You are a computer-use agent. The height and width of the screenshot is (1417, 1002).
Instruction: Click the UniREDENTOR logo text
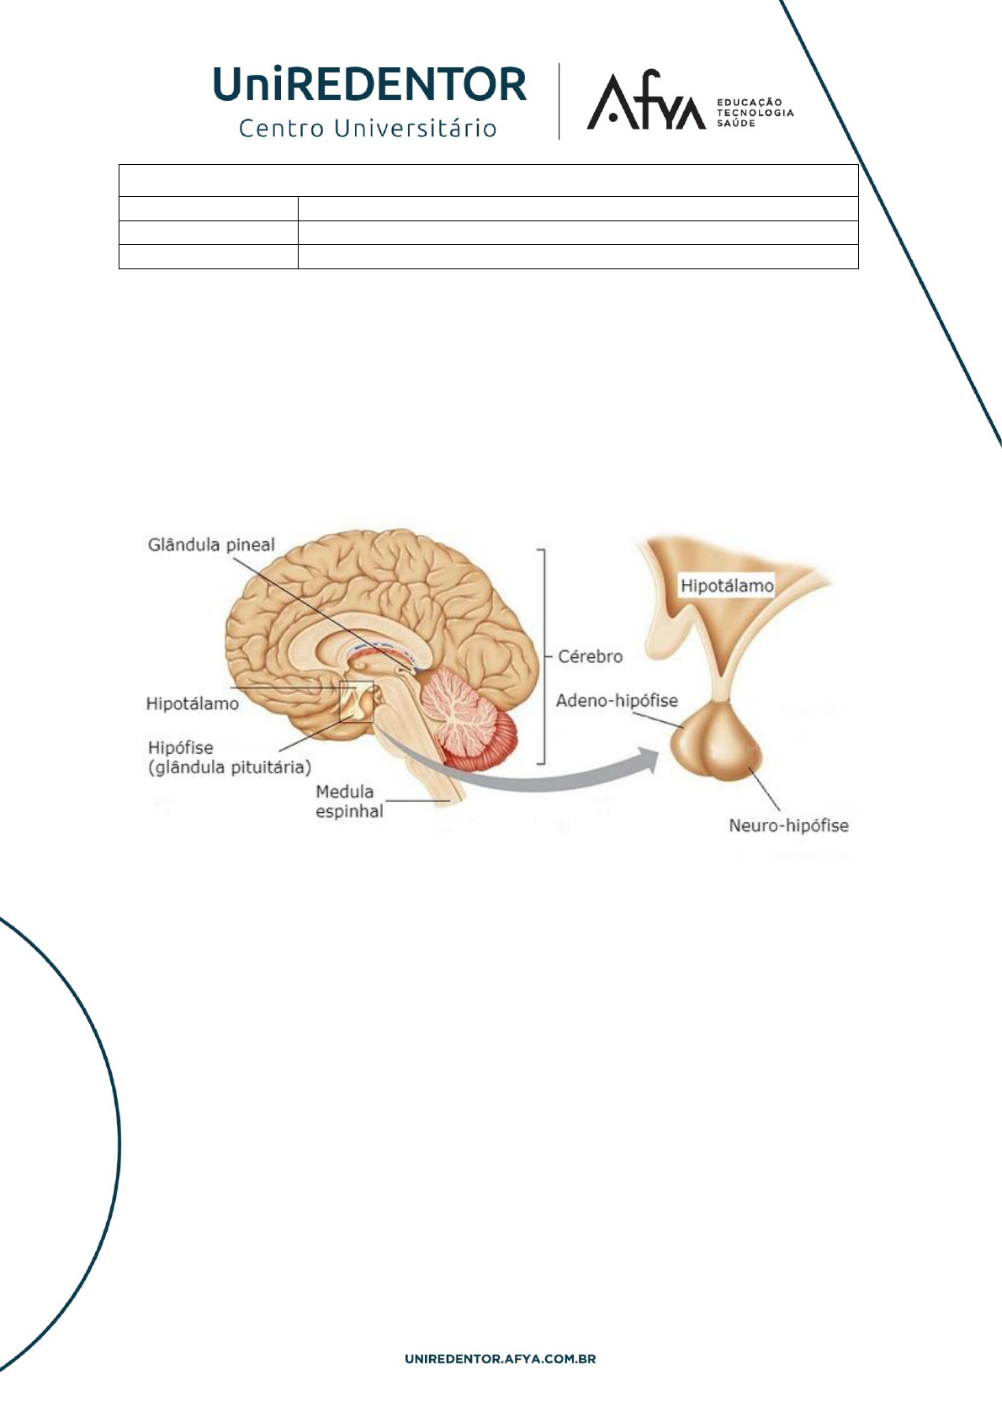370,84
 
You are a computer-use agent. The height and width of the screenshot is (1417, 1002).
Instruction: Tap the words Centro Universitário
368,129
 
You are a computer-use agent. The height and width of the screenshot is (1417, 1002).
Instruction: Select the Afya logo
646,102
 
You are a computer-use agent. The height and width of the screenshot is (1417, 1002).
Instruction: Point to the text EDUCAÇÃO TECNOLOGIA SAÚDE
754,113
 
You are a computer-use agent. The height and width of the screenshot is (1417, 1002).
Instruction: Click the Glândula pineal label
211,545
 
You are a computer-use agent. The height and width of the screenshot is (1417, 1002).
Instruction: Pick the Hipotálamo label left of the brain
192,703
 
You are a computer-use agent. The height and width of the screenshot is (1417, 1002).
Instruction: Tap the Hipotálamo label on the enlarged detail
726,586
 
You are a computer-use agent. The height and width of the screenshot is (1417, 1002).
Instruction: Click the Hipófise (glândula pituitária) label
229,757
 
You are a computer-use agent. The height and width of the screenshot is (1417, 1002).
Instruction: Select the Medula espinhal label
348,801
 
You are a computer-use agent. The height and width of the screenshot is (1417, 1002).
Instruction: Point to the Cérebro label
590,656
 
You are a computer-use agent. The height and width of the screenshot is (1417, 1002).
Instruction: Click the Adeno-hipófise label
617,700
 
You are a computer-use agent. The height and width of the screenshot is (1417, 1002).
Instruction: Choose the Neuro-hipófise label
788,825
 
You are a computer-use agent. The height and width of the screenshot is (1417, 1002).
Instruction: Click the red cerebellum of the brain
467,719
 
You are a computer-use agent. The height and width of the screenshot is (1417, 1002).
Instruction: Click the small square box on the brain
356,702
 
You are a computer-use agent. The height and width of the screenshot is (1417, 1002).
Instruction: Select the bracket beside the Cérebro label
543,656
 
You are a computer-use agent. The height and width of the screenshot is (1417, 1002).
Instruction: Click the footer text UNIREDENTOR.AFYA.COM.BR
501,1359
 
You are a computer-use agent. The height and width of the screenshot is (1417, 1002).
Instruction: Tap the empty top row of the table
488,180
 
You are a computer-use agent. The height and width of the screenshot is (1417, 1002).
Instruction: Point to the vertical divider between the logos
559,101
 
